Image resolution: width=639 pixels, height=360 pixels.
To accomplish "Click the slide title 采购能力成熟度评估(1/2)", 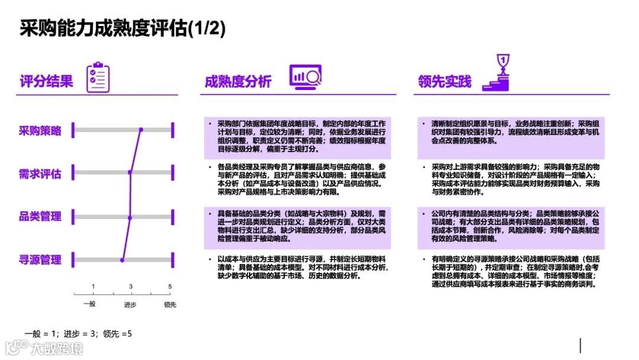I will point(122,28).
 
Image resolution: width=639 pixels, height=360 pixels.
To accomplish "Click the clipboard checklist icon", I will point(98,78).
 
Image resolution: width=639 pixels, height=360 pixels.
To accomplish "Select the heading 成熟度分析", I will point(238,81).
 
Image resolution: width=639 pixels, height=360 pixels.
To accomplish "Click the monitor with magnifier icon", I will point(305,77).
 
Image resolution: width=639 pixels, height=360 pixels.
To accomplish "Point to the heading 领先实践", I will point(444,81).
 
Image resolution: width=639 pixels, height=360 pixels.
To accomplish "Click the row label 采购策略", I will point(40,131).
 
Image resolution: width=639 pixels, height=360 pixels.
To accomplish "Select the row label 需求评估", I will point(40,174).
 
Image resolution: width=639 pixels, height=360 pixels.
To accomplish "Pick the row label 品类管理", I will point(40,216).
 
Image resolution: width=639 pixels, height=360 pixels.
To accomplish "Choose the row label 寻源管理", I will point(40,259).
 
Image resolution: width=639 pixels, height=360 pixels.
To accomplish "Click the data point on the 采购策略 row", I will point(141,130).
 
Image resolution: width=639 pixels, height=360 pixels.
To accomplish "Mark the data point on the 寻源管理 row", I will point(122,260).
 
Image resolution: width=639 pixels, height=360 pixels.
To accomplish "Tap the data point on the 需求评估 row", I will point(130,173).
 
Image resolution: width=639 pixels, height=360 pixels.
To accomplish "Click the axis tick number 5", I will point(170,287).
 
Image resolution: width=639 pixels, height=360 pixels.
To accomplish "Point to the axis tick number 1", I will point(93,287).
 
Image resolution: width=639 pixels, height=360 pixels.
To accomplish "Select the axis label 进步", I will point(130,305).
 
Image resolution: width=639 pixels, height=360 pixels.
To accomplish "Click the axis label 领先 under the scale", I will point(170,305).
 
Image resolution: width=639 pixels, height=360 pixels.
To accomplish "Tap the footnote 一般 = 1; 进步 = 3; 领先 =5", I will point(78,334).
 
